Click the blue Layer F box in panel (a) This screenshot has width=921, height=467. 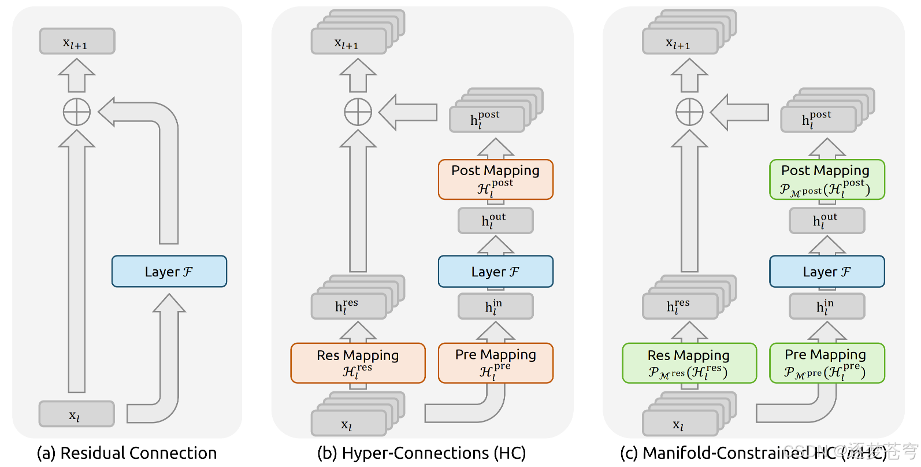169,272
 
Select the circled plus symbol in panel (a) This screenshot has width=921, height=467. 77,112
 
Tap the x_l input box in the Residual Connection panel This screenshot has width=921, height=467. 76,414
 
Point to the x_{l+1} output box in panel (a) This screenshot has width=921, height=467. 77,42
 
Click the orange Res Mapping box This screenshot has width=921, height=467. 358,363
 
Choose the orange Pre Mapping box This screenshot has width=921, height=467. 495,363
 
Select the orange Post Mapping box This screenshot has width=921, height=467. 495,179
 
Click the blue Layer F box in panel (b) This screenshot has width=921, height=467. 495,272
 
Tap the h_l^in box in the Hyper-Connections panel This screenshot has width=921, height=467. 495,306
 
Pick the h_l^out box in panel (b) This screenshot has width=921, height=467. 495,221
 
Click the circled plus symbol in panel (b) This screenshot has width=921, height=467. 358,112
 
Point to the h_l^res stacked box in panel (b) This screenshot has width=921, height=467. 348,306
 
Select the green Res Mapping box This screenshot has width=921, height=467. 689,363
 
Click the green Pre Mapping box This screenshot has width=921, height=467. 826,363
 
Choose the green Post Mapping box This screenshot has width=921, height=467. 826,179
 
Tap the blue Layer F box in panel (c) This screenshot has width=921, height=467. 826,272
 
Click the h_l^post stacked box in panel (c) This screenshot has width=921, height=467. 818,119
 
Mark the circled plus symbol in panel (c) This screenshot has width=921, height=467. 689,112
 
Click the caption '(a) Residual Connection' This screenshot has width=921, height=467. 127,453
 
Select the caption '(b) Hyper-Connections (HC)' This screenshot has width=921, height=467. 421,453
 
